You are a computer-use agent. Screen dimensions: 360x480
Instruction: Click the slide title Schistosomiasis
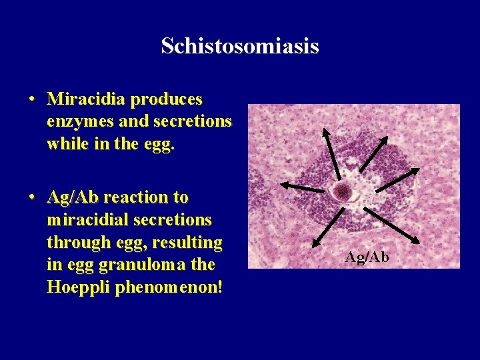[x=240, y=47]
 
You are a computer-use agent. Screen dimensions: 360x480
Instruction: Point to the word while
[x=68, y=144]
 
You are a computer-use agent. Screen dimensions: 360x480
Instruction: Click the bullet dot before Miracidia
[x=32, y=100]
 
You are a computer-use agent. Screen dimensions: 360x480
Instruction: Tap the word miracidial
[x=87, y=220]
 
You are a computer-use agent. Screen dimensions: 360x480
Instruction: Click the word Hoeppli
[x=78, y=287]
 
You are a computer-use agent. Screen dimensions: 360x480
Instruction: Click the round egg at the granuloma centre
[x=343, y=192]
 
